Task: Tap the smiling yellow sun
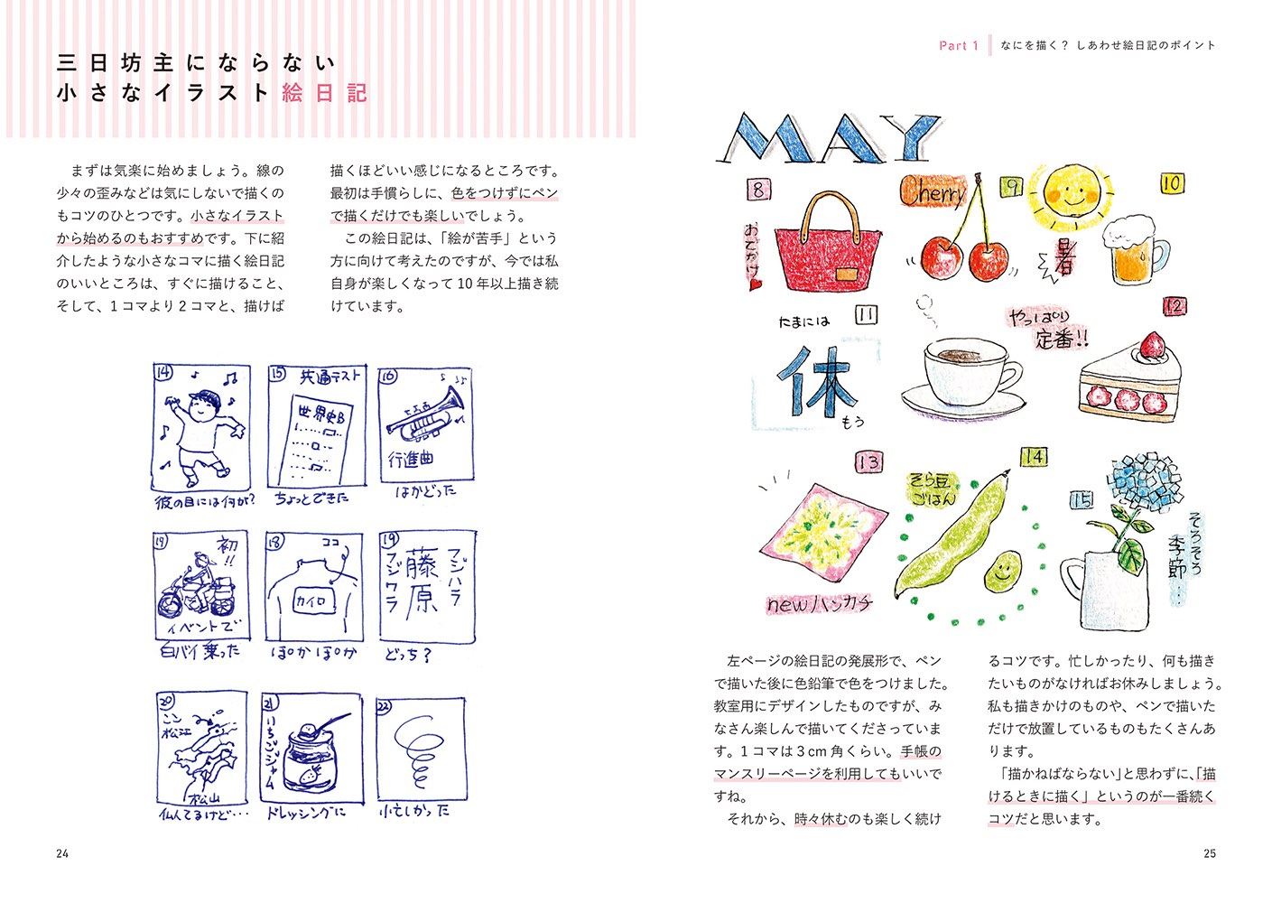coord(1072,194)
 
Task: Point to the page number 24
coord(62,853)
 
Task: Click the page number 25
coord(1210,853)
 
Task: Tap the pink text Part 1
coord(958,45)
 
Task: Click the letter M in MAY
coord(763,140)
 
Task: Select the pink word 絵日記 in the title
coord(324,93)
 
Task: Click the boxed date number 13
coord(868,462)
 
